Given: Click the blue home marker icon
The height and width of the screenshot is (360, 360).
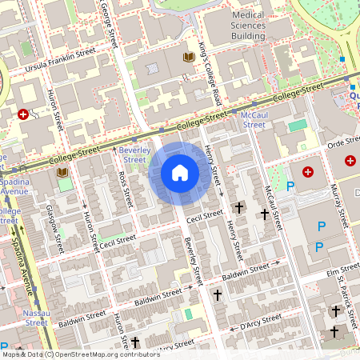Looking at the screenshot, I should pyautogui.click(x=180, y=173).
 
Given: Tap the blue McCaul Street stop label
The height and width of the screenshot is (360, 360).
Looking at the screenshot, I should pyautogui.click(x=254, y=119).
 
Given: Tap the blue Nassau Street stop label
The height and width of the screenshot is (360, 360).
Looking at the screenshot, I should pyautogui.click(x=36, y=318).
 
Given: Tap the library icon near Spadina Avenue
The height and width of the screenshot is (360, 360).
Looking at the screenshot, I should pyautogui.click(x=62, y=171).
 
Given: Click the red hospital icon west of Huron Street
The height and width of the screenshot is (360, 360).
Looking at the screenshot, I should pyautogui.click(x=23, y=114).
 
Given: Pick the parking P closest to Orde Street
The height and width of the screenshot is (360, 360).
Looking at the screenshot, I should pyautogui.click(x=290, y=186).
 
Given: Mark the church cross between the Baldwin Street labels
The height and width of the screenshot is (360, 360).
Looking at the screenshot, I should pyautogui.click(x=218, y=295).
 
